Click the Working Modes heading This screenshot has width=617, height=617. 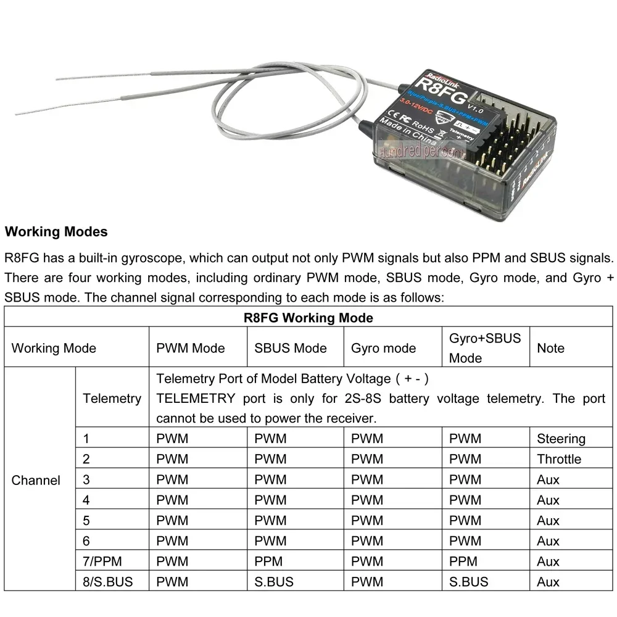click(x=56, y=232)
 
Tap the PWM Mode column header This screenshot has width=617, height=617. click(x=191, y=348)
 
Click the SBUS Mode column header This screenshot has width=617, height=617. click(x=290, y=348)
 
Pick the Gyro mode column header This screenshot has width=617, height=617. click(x=383, y=348)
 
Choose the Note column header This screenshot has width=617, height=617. click(x=550, y=348)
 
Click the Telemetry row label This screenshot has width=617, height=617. click(x=112, y=398)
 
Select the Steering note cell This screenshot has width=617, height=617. click(x=560, y=439)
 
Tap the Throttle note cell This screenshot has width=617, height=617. click(x=558, y=459)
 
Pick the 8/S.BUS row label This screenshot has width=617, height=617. click(x=107, y=582)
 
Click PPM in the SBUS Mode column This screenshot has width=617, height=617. click(x=268, y=561)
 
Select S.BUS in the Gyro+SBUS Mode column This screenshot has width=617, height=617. click(x=468, y=582)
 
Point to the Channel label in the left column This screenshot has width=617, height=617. click(x=36, y=480)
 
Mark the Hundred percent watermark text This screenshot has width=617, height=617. click(x=415, y=150)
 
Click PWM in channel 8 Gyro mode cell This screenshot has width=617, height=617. click(x=366, y=582)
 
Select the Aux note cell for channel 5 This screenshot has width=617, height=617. click(x=548, y=521)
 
